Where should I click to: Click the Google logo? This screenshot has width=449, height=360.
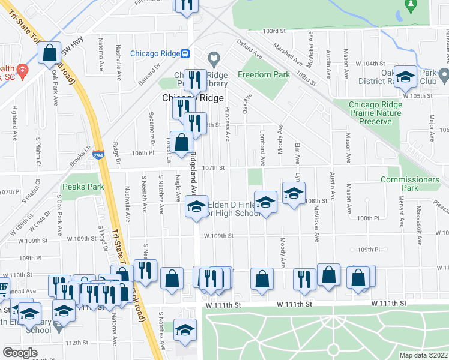(20, 353)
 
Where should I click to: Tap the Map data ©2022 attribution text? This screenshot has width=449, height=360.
(423, 355)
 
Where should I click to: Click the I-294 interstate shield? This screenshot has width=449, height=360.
(98, 155)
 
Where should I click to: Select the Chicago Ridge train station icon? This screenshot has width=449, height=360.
(186, 53)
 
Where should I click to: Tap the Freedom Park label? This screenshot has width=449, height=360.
(264, 74)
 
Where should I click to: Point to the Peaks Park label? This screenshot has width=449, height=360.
(83, 187)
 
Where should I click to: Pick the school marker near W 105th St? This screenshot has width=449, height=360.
(406, 77)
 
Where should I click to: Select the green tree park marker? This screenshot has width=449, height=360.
(411, 5)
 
